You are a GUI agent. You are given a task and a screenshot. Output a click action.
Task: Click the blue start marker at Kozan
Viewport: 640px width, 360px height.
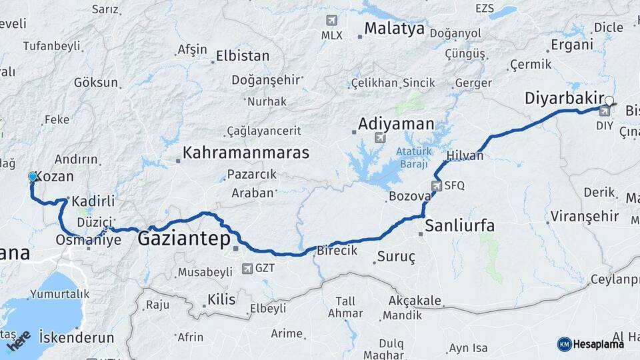(32, 177)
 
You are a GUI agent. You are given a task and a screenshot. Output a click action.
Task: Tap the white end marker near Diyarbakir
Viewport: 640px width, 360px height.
(608, 101)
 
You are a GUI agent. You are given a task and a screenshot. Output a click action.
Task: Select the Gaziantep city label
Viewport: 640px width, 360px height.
(183, 238)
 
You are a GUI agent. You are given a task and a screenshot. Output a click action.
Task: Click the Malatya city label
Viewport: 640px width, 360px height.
(394, 29)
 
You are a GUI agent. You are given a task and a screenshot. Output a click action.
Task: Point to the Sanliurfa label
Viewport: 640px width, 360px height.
(459, 226)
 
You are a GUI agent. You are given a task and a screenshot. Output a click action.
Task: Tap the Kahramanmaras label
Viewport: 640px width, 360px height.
(246, 153)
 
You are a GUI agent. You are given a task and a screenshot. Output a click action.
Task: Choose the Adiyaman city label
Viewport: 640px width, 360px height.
(396, 124)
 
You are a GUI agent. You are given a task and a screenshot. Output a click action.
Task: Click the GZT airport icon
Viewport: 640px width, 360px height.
(247, 268)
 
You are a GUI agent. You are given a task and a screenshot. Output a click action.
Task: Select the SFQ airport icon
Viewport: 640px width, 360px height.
(437, 185)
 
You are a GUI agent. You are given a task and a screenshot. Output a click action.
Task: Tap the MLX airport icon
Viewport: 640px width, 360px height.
(331, 21)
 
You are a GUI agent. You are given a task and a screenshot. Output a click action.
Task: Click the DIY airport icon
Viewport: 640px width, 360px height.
(605, 111)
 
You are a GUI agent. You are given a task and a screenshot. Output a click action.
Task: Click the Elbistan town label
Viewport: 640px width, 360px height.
(243, 56)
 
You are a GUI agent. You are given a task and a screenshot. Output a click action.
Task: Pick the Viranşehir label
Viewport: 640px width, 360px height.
(582, 217)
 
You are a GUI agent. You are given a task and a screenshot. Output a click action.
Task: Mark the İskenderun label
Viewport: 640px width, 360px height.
(77, 337)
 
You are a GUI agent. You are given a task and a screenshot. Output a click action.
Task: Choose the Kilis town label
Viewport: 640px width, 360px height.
(221, 299)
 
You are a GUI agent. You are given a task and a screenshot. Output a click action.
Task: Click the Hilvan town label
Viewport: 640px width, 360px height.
(465, 155)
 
